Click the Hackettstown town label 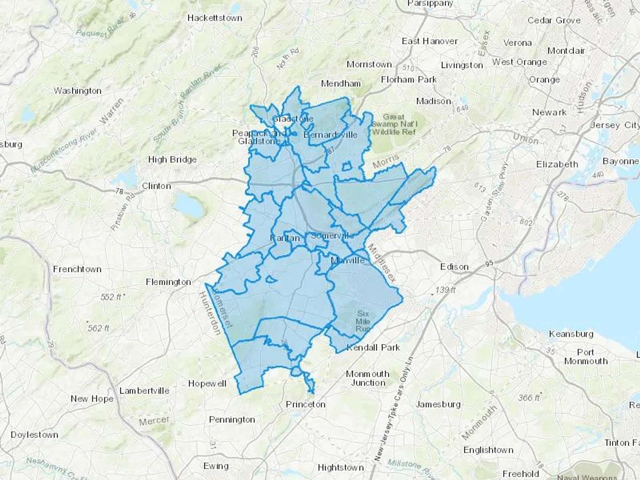click(215, 18)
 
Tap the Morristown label click(369, 64)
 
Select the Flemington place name click(169, 282)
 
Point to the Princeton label click(306, 404)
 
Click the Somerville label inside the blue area click(332, 236)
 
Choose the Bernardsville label click(330, 135)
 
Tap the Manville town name click(347, 260)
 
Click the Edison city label click(454, 267)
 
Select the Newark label click(549, 112)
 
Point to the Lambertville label click(144, 391)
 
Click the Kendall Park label click(373, 347)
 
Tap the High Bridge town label click(172, 160)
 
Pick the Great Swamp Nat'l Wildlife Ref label click(394, 124)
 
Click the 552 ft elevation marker click(111, 297)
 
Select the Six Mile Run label click(363, 321)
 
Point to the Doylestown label click(34, 435)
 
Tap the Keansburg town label click(571, 334)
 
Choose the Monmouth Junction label click(368, 378)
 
